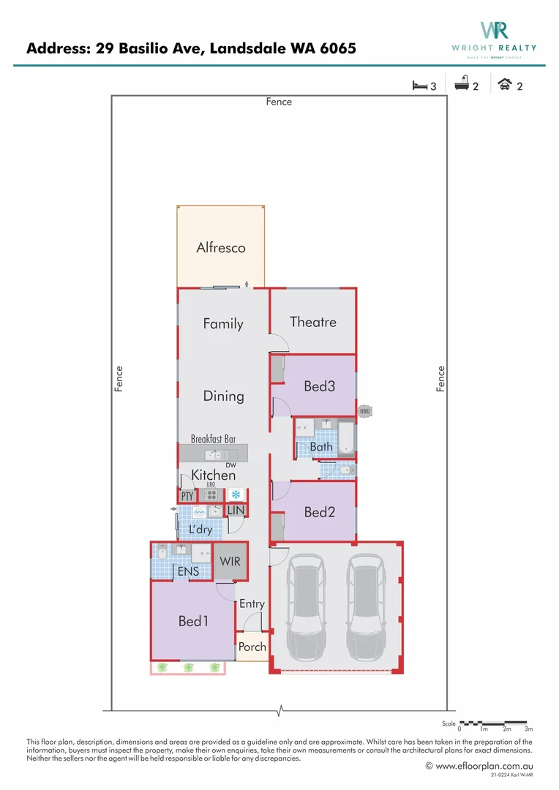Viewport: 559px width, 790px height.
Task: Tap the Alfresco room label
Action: click(221, 247)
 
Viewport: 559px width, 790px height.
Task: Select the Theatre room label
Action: click(313, 322)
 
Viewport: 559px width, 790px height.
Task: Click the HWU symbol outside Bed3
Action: click(365, 412)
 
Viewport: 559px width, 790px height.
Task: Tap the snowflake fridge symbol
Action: click(236, 494)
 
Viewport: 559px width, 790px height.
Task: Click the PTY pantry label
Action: click(187, 496)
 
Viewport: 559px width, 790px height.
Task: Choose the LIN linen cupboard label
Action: click(236, 510)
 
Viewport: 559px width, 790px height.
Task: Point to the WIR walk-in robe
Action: click(230, 562)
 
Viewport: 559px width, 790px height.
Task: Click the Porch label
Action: click(252, 647)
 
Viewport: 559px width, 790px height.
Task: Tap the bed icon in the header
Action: click(419, 86)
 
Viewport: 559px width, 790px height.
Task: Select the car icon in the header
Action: click(505, 85)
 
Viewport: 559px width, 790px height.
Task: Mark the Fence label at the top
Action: click(279, 102)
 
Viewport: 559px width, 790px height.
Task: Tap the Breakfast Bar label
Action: click(213, 439)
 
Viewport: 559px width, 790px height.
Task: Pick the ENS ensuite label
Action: click(188, 571)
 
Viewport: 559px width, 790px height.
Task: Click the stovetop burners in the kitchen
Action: click(211, 494)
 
